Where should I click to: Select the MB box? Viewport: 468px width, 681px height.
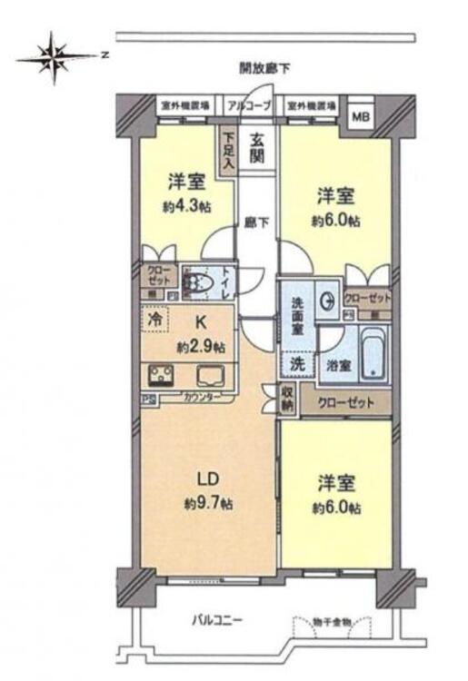[361, 116]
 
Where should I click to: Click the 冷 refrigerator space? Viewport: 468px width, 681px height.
[155, 321]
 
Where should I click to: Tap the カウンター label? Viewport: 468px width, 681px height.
[201, 398]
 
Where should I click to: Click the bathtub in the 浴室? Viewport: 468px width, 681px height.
[373, 356]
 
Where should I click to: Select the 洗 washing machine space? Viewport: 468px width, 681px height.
[296, 361]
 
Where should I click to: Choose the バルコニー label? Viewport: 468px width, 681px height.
[215, 622]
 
